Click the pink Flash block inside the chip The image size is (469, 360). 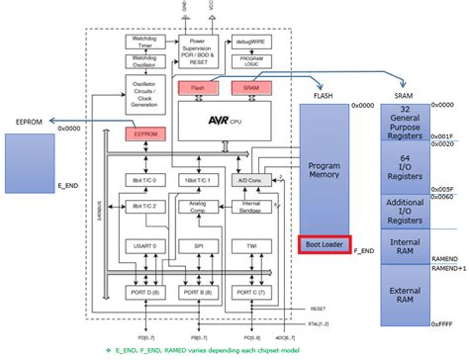point(196,88)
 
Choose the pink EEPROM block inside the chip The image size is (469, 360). point(144,132)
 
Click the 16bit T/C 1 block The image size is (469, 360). point(196,180)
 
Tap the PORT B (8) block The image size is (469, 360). point(196,293)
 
